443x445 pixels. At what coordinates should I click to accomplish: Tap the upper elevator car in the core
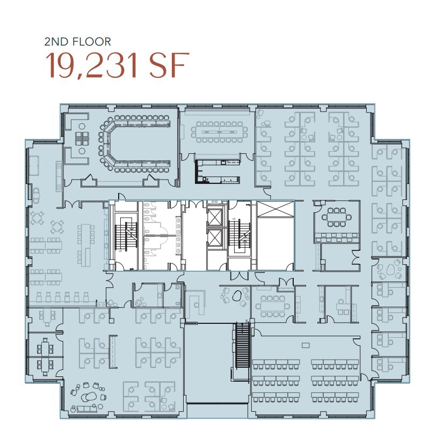pyautogui.click(x=214, y=217)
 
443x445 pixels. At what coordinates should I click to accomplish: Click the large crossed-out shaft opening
pyautogui.click(x=275, y=235)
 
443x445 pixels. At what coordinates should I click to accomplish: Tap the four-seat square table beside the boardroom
pyautogui.click(x=82, y=138)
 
